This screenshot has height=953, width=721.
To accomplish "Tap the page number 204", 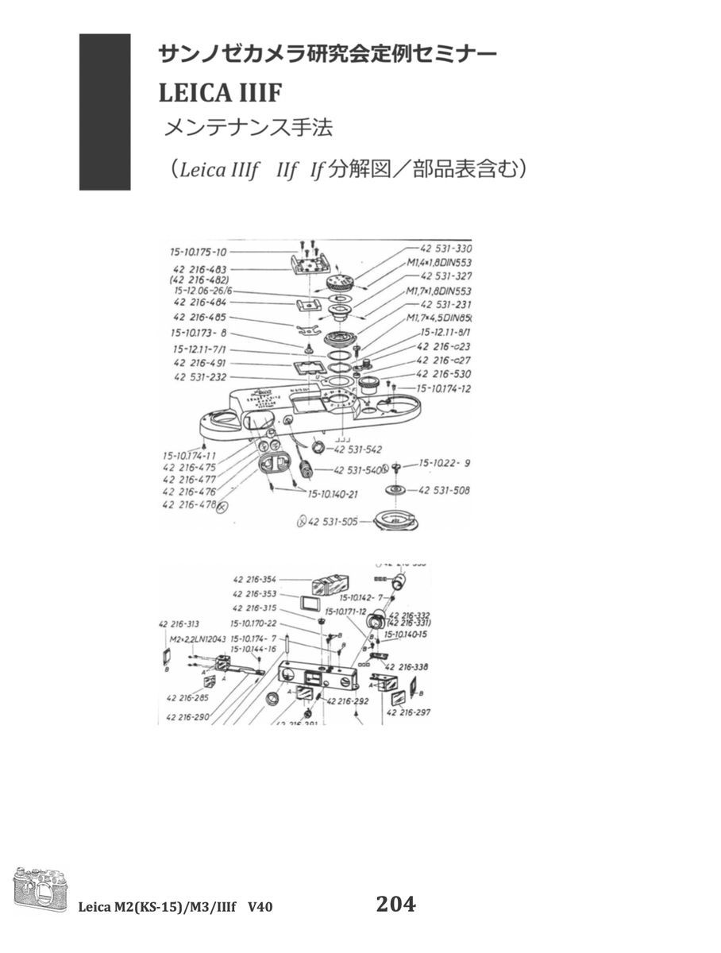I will [x=395, y=904].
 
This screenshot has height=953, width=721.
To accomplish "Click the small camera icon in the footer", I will [x=40, y=893].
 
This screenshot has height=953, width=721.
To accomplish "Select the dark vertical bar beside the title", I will [x=105, y=111].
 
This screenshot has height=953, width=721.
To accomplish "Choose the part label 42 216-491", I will [x=199, y=363].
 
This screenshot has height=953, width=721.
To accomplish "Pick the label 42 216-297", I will [x=408, y=712].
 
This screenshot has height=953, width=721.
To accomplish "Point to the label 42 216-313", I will [x=179, y=623].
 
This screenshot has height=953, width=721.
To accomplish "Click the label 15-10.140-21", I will [x=332, y=493].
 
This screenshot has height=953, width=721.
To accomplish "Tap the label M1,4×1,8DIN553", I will [x=439, y=262].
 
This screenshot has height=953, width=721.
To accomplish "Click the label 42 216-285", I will [x=188, y=698].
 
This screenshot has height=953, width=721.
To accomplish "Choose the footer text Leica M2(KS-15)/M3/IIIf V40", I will [x=175, y=906].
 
